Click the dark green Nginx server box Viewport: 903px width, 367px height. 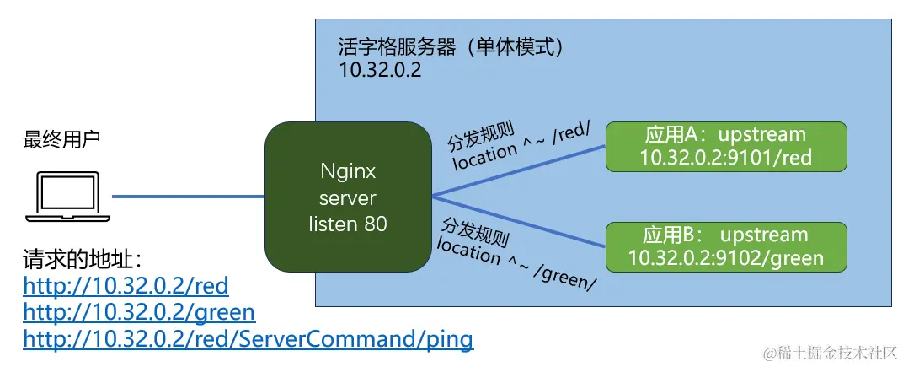point(348,197)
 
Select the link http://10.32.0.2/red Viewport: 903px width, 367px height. point(126,285)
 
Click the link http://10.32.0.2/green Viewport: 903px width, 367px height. point(139,312)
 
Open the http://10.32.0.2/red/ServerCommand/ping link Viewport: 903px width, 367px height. point(248,339)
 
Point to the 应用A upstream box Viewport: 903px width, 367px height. point(725,146)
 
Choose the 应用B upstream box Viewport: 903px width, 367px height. point(725,246)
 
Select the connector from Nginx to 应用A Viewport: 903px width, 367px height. point(518,171)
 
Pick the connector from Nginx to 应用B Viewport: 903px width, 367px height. point(518,221)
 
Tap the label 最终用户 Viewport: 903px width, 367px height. point(61,138)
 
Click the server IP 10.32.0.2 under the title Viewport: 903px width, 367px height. point(380,70)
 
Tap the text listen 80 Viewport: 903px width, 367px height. point(348,224)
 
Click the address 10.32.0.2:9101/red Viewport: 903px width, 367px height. point(724,157)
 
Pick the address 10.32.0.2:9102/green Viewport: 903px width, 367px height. point(725,257)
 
